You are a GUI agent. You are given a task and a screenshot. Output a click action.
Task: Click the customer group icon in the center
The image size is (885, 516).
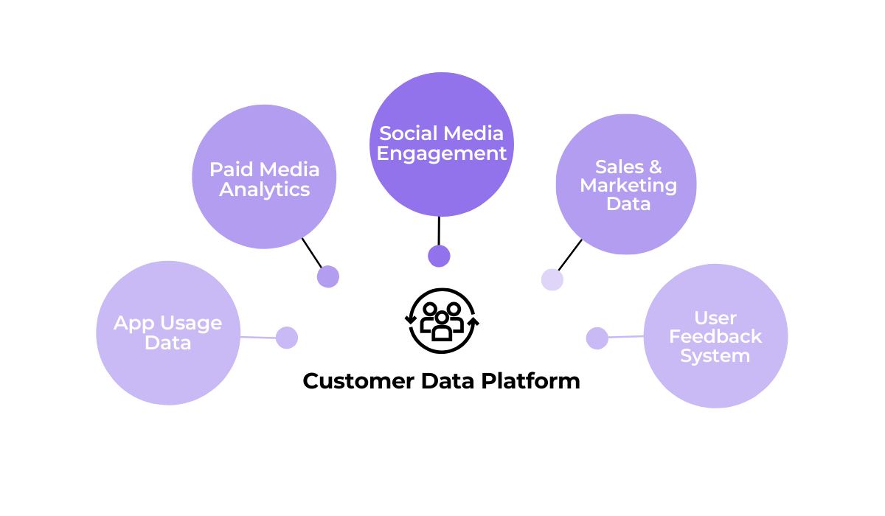click(442, 321)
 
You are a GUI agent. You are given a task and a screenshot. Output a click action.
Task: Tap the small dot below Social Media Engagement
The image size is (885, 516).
click(439, 256)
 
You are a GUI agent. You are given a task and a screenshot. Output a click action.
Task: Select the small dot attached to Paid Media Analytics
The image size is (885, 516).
click(328, 276)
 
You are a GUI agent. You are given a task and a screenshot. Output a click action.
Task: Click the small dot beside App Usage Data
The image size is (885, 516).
click(287, 338)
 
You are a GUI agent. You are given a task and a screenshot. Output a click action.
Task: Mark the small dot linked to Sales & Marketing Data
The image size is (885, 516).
click(552, 279)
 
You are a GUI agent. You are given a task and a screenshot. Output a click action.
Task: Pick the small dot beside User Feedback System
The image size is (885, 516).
click(597, 338)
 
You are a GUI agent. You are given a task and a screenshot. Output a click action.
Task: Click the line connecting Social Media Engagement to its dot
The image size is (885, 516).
click(439, 231)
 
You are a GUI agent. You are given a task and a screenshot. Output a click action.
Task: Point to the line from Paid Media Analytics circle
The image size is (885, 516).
click(312, 253)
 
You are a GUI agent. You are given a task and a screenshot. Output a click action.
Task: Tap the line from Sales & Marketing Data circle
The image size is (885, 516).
click(570, 255)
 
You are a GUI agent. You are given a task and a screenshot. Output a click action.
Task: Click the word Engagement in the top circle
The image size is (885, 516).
click(442, 153)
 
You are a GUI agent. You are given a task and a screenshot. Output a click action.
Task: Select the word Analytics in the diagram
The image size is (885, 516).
click(264, 189)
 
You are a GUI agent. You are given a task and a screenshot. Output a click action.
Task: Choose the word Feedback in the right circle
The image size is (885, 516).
click(715, 337)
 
